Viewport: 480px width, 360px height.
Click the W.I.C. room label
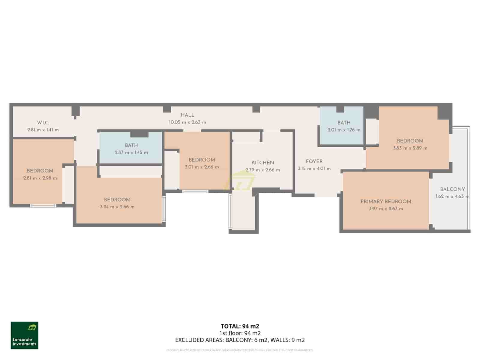click(x=43, y=122)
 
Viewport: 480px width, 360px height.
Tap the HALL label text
click(x=187, y=115)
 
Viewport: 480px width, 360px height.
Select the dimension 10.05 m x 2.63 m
click(x=187, y=122)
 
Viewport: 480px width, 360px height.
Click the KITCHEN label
click(x=262, y=163)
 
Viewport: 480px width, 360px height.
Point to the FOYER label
click(x=314, y=161)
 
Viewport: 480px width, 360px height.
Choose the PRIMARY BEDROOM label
click(x=386, y=201)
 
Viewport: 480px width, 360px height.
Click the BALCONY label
click(x=452, y=189)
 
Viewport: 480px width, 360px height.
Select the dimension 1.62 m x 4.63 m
click(x=452, y=197)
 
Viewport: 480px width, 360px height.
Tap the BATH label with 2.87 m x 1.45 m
click(x=131, y=145)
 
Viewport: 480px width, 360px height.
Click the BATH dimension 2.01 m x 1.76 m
click(x=344, y=130)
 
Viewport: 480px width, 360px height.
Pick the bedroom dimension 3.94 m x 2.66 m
click(x=117, y=207)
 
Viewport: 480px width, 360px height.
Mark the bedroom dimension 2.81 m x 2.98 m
click(x=40, y=178)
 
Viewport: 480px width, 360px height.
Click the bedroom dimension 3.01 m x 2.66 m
click(x=202, y=167)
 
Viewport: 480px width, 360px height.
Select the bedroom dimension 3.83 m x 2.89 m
click(x=410, y=148)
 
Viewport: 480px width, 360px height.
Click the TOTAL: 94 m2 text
click(x=240, y=326)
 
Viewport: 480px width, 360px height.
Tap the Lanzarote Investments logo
click(x=25, y=335)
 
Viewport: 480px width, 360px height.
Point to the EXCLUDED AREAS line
click(x=240, y=340)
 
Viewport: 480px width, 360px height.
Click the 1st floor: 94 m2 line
click(x=240, y=333)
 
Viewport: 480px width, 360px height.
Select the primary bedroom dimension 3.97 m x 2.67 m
click(x=386, y=208)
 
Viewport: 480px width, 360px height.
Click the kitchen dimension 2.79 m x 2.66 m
click(x=262, y=170)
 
